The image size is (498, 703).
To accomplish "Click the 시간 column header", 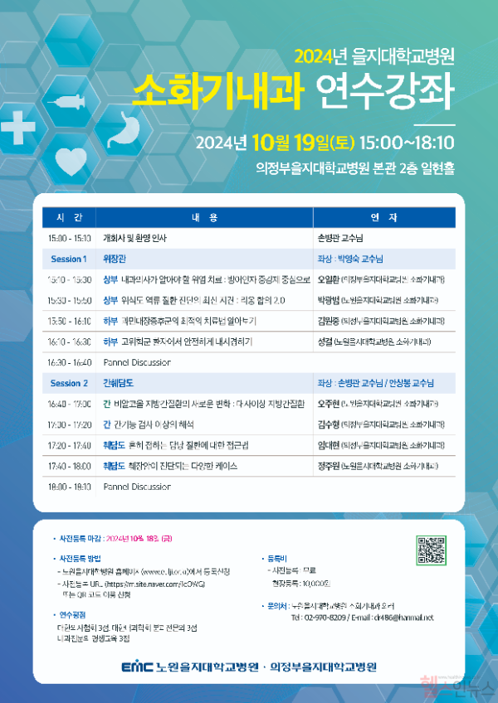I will point(69,217).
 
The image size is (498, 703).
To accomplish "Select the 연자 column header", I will point(383,217).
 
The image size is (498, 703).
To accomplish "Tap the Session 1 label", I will point(69,259).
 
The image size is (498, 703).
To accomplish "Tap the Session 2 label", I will point(69,383).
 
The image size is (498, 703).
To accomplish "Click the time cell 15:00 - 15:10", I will point(69,238).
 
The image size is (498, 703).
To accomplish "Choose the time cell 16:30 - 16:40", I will point(69,362).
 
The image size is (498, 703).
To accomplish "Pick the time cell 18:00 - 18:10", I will point(69,487).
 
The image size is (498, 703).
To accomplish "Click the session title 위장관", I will point(113,259).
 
